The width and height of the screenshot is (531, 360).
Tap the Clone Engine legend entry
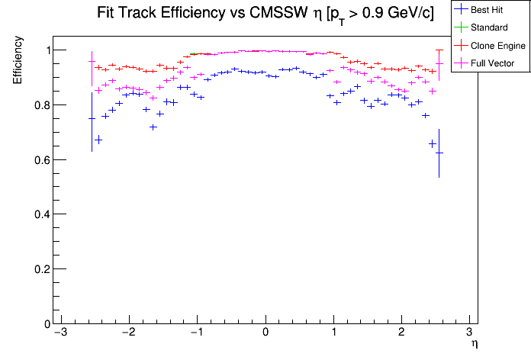495,47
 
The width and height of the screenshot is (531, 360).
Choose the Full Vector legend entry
493,63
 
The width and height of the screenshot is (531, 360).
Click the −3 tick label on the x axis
60,333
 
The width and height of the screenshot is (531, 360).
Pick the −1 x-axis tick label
195,333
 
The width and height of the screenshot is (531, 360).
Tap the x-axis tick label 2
401,333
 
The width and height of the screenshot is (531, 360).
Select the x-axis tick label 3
469,333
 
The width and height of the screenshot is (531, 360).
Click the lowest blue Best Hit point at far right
439,153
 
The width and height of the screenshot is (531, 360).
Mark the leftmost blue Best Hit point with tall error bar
92,119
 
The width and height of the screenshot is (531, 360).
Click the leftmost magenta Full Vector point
92,62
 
